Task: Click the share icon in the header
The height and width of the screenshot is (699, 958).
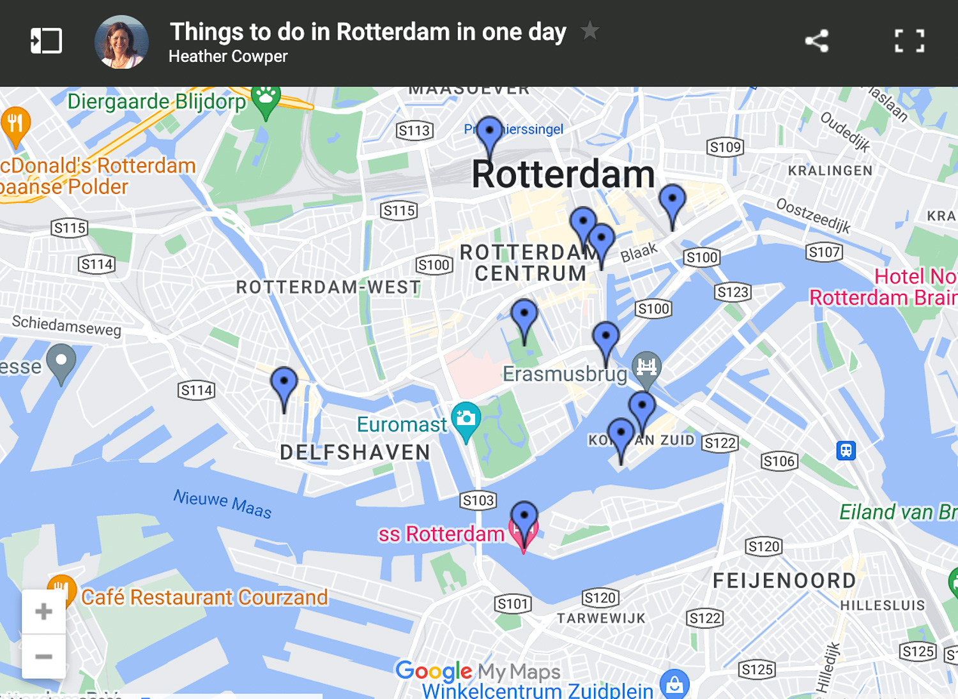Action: point(817,41)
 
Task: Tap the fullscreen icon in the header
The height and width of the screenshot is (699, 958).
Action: point(909,41)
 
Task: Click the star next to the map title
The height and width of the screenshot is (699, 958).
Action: point(590,30)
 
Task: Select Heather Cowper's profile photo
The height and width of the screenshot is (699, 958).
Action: point(121,42)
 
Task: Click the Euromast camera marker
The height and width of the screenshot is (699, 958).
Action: point(466,419)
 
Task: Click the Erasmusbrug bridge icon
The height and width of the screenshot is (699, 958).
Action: point(646,367)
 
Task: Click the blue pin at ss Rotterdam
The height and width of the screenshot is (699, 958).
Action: point(524,516)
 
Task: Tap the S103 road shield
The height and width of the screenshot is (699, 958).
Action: point(478,500)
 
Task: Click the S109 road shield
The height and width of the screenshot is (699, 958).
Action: point(726,147)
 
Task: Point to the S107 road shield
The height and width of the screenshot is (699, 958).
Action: point(824,252)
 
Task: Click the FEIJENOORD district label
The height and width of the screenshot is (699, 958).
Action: point(784,580)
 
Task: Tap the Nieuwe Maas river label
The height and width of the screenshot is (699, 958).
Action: point(223,503)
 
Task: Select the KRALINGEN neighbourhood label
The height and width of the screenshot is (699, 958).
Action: point(830,170)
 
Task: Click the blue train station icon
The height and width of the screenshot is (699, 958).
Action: point(846,451)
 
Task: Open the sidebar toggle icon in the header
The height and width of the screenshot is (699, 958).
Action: point(46,41)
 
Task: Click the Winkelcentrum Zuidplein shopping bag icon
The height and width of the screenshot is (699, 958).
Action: point(674,684)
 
